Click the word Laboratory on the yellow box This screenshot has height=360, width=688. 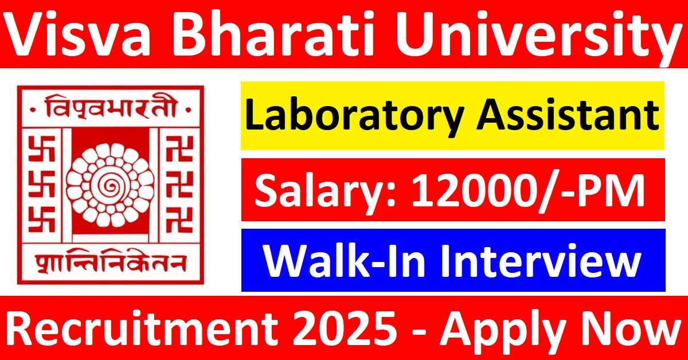tap(354, 116)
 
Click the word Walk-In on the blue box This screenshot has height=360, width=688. tap(343, 261)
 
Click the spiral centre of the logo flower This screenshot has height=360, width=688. tap(110, 185)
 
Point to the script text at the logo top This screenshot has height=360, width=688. tap(111, 108)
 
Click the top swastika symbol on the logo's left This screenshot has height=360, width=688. tap(42, 149)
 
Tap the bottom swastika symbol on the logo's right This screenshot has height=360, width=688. tap(179, 220)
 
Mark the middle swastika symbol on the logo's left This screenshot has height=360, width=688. tap(42, 185)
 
